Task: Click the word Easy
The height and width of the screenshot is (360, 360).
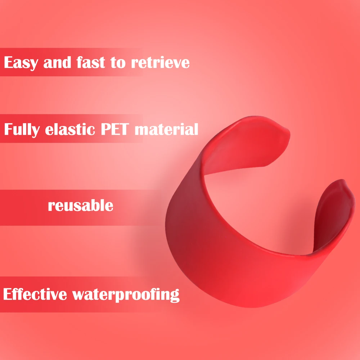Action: [x=21, y=63]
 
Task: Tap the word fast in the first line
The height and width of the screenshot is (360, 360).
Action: [x=91, y=62]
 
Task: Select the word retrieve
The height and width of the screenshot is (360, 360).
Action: [x=160, y=62]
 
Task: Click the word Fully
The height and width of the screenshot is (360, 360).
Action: [x=22, y=130]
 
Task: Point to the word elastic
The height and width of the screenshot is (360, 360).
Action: [x=70, y=129]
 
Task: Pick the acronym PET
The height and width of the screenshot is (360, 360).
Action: [x=115, y=129]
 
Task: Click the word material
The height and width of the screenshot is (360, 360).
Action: [x=166, y=129]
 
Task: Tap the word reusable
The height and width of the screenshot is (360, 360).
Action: [x=81, y=205]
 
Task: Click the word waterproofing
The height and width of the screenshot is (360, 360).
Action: [x=126, y=295]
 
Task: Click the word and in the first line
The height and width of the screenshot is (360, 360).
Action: [x=57, y=62]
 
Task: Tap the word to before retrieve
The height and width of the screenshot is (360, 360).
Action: [x=118, y=62]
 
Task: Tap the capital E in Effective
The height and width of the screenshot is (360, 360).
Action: [x=8, y=294]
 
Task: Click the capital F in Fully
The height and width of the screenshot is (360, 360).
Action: [x=9, y=129]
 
